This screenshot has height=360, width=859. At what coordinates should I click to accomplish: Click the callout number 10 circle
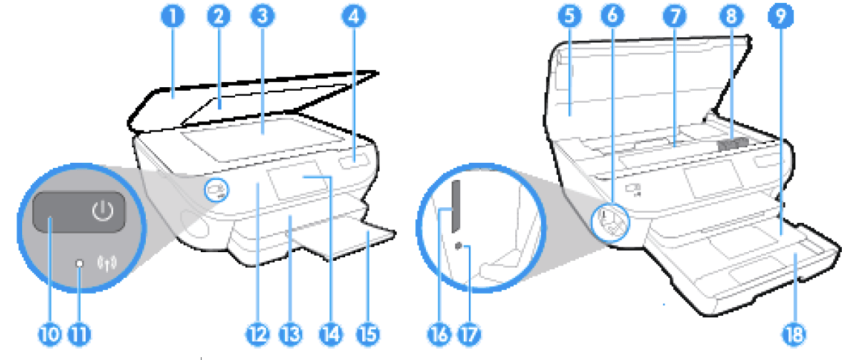[49, 332]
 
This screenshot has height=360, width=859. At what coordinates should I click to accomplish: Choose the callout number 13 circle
[291, 332]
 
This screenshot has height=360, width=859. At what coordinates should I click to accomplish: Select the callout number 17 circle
[471, 332]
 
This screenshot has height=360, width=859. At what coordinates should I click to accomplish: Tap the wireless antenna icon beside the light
[105, 265]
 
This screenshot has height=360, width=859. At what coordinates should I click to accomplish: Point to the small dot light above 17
[460, 246]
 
